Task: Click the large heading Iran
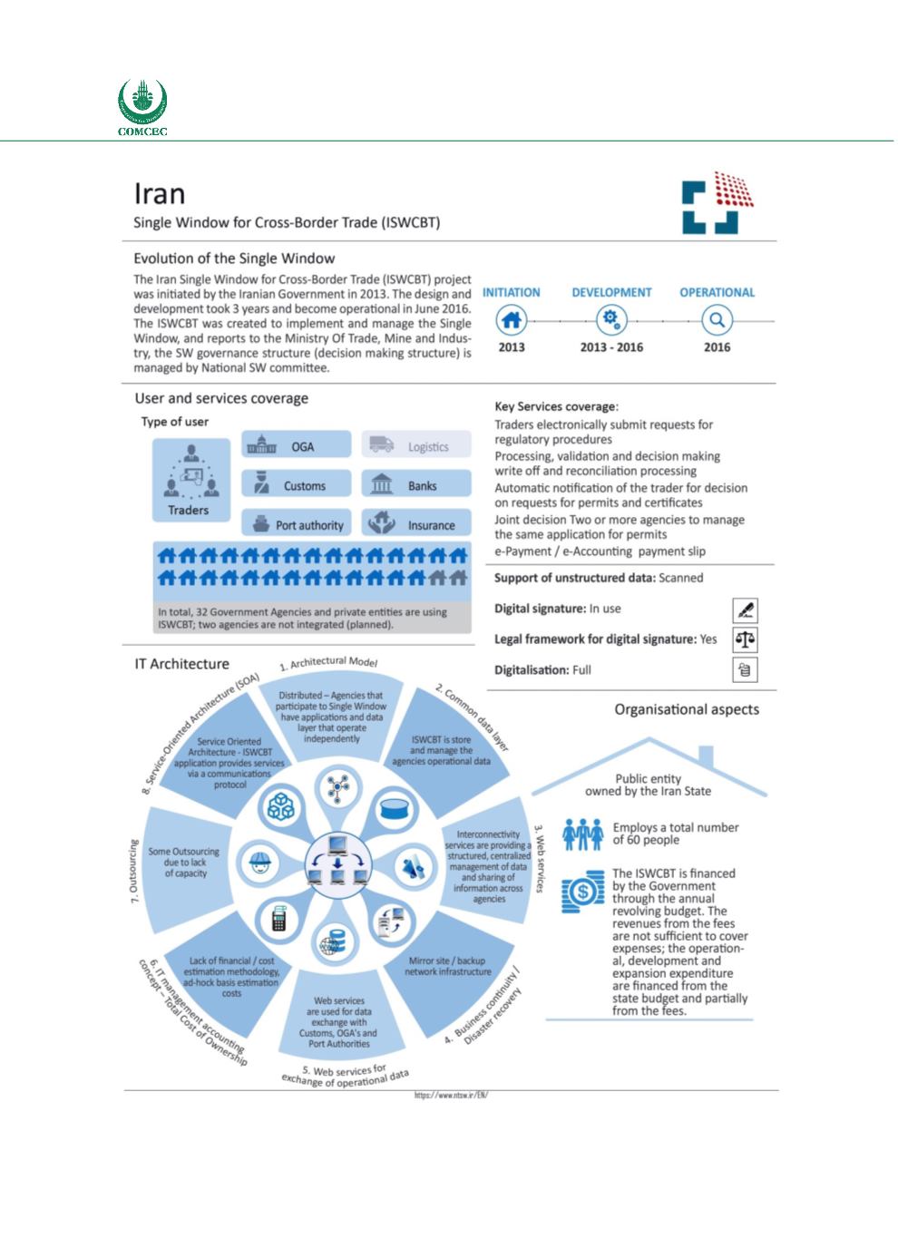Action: [x=160, y=193]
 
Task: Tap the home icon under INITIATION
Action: [x=512, y=319]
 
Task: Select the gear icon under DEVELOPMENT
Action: [x=612, y=319]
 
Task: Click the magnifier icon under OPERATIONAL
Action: [x=717, y=319]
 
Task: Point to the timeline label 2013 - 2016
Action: [x=610, y=347]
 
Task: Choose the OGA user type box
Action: [x=296, y=445]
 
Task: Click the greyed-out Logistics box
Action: [x=417, y=445]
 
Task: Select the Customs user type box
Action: [x=296, y=485]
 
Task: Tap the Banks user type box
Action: [x=417, y=485]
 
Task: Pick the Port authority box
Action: [x=296, y=524]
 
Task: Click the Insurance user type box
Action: [x=417, y=524]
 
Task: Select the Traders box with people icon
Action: [x=189, y=482]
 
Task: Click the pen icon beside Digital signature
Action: [x=745, y=609]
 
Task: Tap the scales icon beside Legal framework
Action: [x=745, y=639]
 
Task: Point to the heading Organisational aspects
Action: [x=687, y=709]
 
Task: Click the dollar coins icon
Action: [x=581, y=894]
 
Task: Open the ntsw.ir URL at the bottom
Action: [x=451, y=1095]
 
